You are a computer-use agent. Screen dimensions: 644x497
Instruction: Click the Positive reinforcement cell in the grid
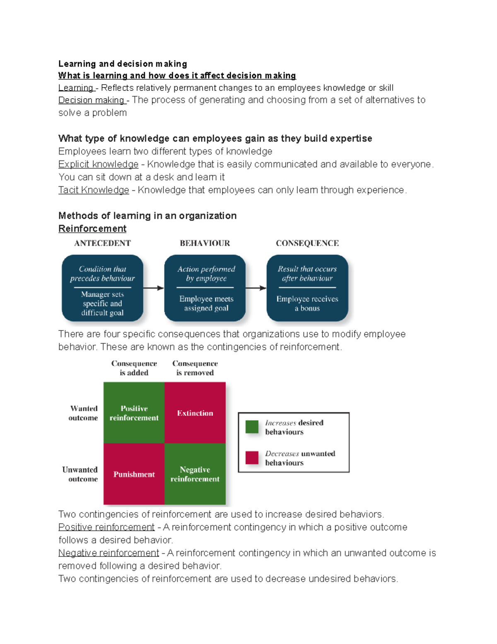click(x=134, y=413)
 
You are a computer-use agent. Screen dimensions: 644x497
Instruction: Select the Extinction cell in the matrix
click(x=195, y=413)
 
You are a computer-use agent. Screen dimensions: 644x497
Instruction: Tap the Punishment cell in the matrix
click(x=134, y=474)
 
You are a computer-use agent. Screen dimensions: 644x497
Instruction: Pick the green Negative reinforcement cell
click(x=195, y=474)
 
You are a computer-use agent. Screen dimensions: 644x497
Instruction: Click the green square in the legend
click(x=252, y=427)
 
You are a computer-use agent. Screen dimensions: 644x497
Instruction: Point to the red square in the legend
click(x=252, y=457)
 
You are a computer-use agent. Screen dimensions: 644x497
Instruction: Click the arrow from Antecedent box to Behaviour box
click(x=154, y=288)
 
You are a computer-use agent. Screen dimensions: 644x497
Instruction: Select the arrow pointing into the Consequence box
click(x=256, y=288)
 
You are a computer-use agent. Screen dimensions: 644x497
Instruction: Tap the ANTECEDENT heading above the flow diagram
click(x=102, y=243)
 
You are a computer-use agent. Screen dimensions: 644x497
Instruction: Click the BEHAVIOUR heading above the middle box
click(x=205, y=243)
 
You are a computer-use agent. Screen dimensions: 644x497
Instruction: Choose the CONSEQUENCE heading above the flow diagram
click(x=307, y=243)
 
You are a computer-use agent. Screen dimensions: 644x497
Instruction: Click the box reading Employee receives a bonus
click(x=307, y=288)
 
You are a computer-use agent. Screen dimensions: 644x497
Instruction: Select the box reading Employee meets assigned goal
click(x=205, y=288)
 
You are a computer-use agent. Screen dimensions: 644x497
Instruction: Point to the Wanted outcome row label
click(x=83, y=413)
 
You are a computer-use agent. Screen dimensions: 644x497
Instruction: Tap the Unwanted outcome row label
click(x=80, y=474)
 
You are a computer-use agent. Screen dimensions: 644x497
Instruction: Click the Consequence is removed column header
click(x=195, y=368)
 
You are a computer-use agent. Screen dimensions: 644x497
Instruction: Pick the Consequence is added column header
click(x=134, y=368)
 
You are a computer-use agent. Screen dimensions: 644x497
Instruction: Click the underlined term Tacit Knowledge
click(x=94, y=190)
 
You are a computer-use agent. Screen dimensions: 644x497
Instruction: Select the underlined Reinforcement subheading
click(x=92, y=228)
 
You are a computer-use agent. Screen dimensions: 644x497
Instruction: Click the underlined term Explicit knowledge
click(x=98, y=164)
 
